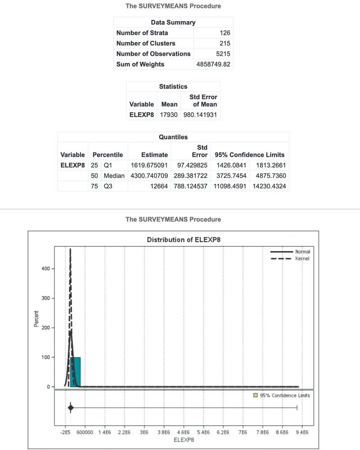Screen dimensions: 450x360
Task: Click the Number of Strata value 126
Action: click(x=225, y=33)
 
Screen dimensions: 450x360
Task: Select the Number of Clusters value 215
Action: click(x=225, y=43)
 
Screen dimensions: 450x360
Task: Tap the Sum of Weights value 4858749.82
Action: click(x=214, y=64)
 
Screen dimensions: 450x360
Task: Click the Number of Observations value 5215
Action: click(x=223, y=54)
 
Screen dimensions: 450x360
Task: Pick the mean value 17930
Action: click(x=169, y=115)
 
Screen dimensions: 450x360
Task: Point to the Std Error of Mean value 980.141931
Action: click(x=200, y=115)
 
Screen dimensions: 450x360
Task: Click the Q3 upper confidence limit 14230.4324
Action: click(x=269, y=186)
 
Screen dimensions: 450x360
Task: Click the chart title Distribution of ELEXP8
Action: click(x=183, y=240)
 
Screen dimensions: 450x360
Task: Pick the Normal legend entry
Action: click(x=303, y=251)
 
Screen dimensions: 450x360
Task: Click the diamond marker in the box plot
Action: click(x=70, y=408)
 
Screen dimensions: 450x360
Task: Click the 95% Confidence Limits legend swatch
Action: click(x=255, y=395)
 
